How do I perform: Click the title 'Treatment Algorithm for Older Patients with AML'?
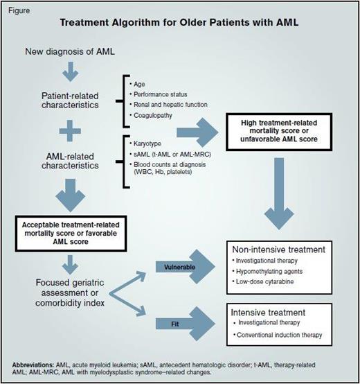[x=179, y=22]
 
